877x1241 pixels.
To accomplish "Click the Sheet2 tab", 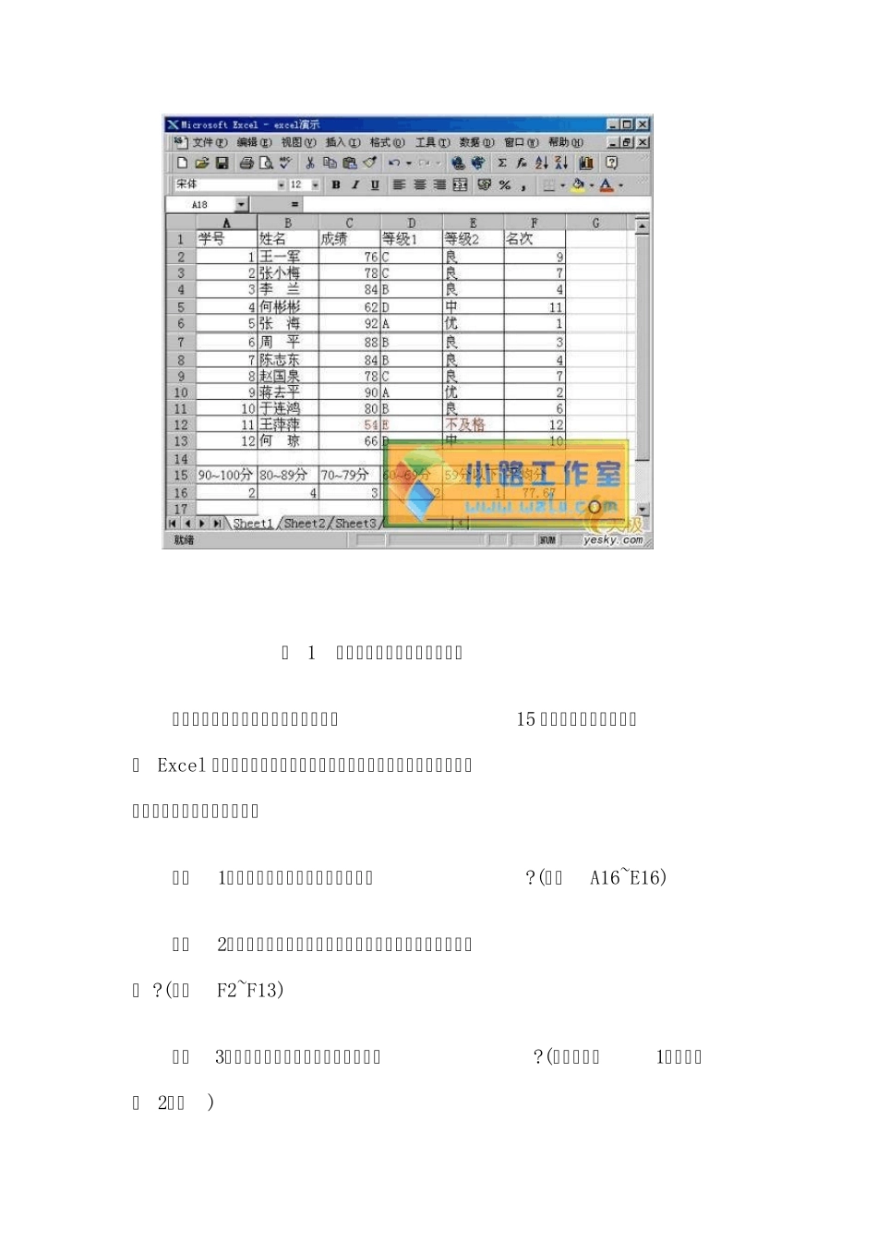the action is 304,524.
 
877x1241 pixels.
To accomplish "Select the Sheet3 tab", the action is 355,524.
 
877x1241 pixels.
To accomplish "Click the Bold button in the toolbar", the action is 336,185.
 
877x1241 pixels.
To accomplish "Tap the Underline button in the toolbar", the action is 375,185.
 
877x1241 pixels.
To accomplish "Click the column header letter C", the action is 349,223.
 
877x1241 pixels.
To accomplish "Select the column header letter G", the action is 595,223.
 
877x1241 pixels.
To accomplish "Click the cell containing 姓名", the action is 273,239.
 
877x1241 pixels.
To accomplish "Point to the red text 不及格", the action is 464,425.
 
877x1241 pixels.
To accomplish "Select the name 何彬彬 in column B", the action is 280,307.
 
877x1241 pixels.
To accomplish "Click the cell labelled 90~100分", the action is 225,476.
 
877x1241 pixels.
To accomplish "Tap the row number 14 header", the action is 181,459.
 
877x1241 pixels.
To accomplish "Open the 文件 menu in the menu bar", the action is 209,142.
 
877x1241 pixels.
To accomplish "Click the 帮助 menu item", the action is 565,142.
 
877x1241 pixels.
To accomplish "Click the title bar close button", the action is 643,125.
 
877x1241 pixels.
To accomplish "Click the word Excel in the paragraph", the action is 182,765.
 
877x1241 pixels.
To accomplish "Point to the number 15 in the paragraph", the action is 525,719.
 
